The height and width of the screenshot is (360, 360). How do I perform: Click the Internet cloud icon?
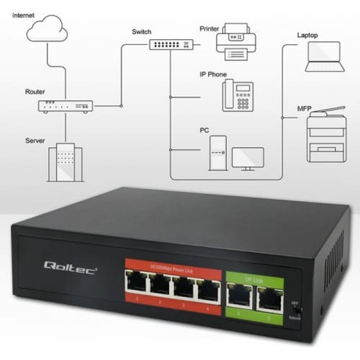tap(47, 30)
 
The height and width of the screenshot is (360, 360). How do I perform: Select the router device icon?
tap(65, 106)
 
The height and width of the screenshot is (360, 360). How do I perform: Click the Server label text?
tap(35, 141)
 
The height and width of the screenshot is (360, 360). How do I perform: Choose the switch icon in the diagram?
tap(171, 44)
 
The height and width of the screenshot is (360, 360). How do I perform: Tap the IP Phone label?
tap(213, 75)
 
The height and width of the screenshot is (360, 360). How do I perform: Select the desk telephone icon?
tap(238, 95)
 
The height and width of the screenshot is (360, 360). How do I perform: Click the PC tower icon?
tap(217, 153)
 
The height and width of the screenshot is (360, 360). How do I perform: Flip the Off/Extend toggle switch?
tap(296, 310)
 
